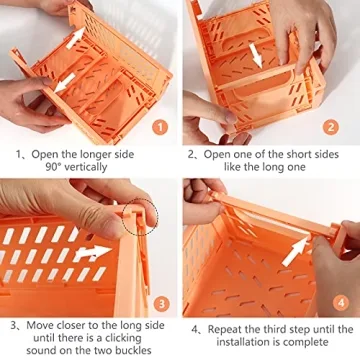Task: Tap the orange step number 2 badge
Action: pos(331,127)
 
